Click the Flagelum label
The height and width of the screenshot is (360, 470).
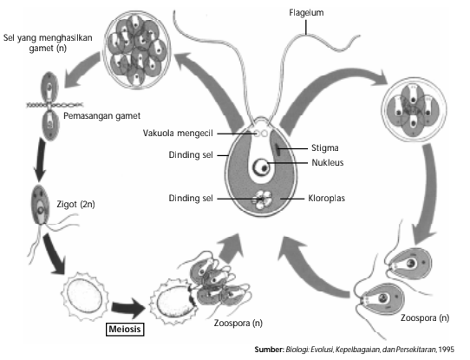306,13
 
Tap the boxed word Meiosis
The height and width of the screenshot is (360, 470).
125,329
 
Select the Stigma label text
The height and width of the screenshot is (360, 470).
325,147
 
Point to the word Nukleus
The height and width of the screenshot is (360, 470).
327,162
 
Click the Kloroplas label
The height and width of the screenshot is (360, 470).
326,198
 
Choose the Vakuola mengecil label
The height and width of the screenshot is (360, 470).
178,133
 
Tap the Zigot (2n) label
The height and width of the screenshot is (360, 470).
75,204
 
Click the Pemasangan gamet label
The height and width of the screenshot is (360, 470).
102,115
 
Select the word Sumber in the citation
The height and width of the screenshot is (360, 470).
269,350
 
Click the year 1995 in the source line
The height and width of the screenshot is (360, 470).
446,350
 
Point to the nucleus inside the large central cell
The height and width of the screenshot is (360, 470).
262,167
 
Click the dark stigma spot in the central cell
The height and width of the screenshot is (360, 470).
278,149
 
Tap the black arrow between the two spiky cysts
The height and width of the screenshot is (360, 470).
128,308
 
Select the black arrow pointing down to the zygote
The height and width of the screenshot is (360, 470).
40,160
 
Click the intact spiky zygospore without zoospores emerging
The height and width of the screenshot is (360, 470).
84,295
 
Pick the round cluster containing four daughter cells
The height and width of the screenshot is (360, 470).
414,109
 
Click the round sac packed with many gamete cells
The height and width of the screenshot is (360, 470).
137,50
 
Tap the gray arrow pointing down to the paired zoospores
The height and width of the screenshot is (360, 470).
426,193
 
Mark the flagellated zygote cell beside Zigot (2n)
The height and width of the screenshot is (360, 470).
40,205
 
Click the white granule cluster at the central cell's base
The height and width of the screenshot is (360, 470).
262,200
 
